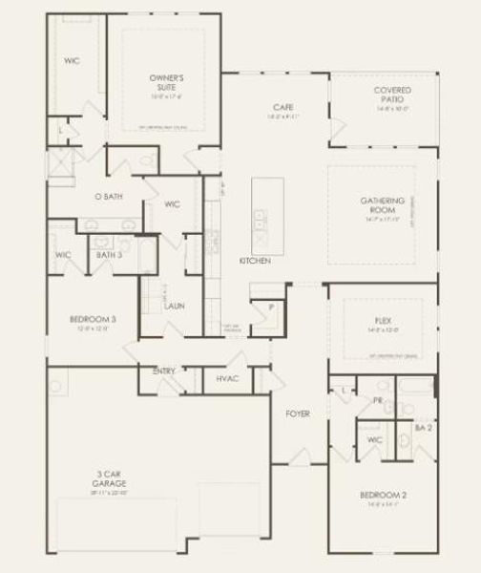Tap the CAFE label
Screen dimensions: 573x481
[x=282, y=107]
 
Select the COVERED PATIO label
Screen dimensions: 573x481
[x=393, y=95]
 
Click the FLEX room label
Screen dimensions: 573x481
[x=385, y=320]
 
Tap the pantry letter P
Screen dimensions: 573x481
[x=271, y=308]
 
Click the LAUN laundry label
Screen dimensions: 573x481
[x=174, y=307]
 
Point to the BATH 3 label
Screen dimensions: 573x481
[x=109, y=255]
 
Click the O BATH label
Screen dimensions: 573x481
[x=107, y=196]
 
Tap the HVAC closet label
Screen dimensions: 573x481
[x=227, y=379]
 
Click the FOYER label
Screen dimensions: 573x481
[x=298, y=414]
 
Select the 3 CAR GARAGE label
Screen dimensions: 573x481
[x=107, y=477]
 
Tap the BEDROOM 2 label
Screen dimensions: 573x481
[x=384, y=495]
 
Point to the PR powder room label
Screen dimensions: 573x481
[x=378, y=401]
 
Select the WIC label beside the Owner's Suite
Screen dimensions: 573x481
[x=71, y=60]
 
